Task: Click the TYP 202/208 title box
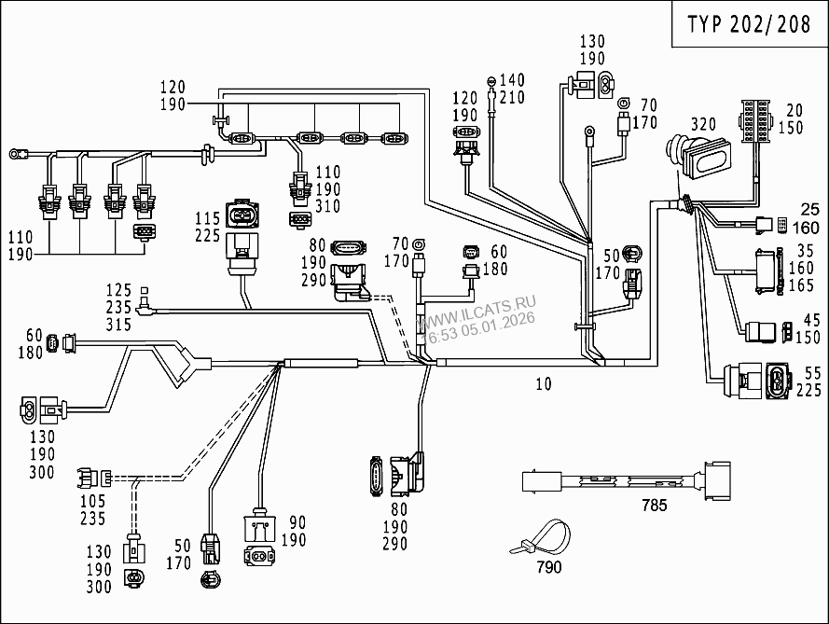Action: click(749, 24)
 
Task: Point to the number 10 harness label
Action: click(543, 383)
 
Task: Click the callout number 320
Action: click(703, 124)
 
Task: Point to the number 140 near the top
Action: click(513, 81)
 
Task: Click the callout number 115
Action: click(207, 217)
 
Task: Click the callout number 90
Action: click(297, 521)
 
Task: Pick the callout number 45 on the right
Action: click(811, 320)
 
